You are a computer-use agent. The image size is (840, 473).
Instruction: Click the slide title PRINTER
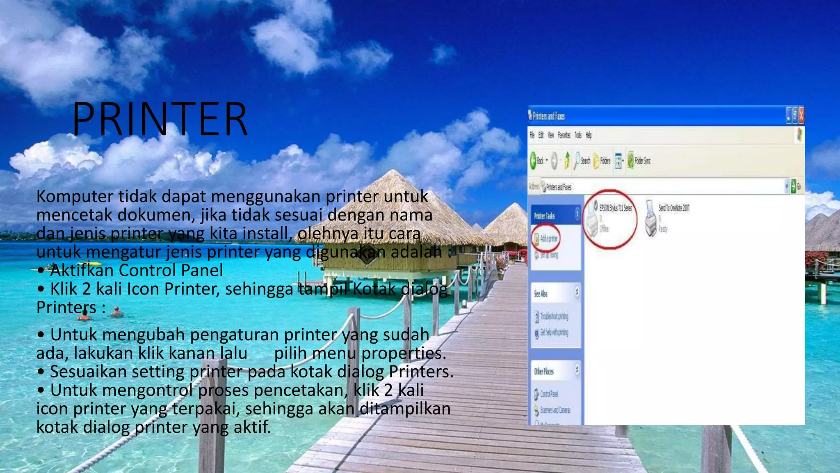coord(160,119)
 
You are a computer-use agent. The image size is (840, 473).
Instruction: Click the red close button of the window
coord(801,115)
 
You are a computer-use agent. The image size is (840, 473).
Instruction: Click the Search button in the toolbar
coord(582,161)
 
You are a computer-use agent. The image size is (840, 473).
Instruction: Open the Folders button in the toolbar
coord(602,161)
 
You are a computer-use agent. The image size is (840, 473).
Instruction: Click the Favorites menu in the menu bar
coord(564,135)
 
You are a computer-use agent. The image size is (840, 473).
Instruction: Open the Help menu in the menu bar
coord(589,135)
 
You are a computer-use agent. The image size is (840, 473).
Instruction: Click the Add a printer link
coord(548,239)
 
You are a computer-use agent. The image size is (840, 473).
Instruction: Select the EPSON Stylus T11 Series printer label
coord(615,208)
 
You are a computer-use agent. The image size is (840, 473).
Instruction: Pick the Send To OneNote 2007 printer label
coord(674,208)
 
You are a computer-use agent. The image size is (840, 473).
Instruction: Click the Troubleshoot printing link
coord(554,316)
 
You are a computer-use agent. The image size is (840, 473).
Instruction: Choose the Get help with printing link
coord(554,333)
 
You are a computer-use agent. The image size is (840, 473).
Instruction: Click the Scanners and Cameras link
coord(555,410)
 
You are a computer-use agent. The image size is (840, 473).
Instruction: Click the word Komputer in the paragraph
coord(74,196)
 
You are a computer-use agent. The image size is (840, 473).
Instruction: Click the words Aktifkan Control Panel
coord(137,270)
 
